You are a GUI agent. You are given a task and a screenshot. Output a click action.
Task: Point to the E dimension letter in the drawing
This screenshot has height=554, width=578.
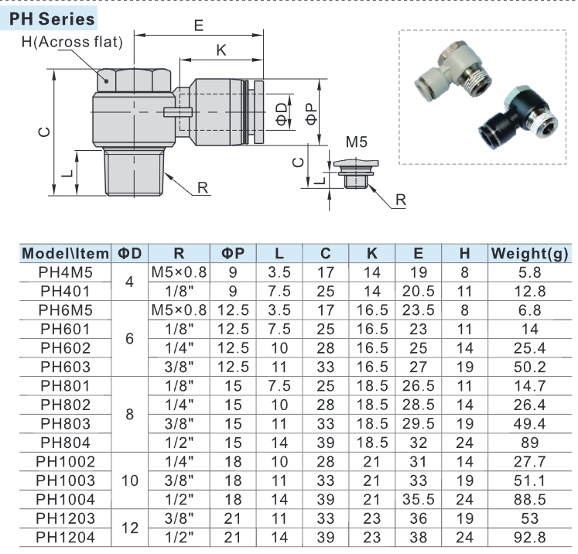(199, 26)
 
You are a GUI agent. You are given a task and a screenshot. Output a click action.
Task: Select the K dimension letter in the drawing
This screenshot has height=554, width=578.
(221, 50)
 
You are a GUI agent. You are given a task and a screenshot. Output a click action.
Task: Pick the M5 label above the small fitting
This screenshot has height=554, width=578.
(356, 142)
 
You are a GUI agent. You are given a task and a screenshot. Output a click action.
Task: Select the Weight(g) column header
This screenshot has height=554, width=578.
(529, 254)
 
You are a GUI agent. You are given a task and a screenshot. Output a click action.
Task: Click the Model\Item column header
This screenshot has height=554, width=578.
(66, 254)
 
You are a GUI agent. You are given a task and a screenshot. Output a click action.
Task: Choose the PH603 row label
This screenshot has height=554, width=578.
(66, 367)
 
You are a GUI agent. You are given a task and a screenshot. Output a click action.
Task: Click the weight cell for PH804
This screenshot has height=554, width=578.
(529, 442)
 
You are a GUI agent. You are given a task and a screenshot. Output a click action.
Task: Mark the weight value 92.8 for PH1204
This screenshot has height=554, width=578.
(529, 536)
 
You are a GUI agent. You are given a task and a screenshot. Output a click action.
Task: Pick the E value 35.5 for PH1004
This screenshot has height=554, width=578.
(418, 498)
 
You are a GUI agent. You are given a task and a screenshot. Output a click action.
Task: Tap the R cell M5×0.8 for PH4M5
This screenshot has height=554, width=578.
(179, 272)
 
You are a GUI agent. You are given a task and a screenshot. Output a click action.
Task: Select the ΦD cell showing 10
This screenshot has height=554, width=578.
(129, 480)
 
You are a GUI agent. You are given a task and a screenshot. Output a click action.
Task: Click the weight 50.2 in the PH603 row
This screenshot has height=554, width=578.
(529, 367)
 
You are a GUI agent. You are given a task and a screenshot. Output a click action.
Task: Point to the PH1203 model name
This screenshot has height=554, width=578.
(66, 518)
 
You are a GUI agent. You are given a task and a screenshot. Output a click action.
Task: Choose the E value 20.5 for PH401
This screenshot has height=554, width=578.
(418, 292)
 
